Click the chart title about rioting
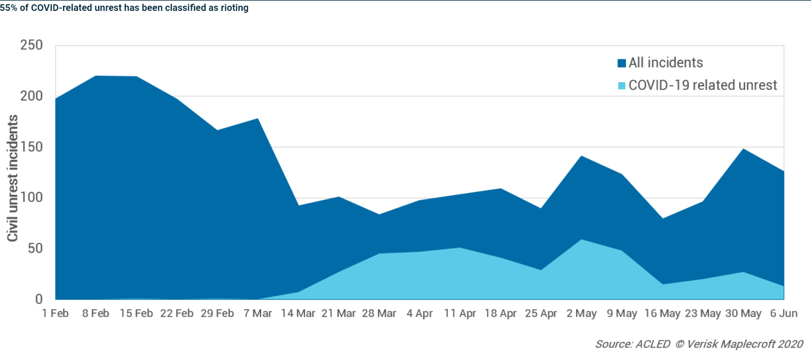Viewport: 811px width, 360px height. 124,8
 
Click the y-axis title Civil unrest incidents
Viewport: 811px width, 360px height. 13,178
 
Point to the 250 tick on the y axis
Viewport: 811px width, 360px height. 31,45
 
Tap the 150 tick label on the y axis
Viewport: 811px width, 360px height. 31,147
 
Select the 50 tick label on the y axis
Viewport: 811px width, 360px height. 35,248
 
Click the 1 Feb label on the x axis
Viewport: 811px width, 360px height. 55,314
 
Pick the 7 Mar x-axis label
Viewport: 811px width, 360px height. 258,314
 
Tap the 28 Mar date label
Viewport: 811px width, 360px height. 379,314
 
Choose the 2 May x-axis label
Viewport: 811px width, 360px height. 581,314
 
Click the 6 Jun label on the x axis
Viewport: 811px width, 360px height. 783,314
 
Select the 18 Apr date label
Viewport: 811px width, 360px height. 500,314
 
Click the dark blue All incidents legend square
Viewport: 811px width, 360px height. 622,63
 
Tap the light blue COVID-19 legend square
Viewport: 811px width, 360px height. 622,86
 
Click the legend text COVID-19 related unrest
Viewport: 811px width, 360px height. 702,85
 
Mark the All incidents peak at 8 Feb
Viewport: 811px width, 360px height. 96,76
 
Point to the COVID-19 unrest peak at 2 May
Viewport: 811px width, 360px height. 581,240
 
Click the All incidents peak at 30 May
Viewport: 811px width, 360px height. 743,149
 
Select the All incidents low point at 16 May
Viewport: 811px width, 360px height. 662,219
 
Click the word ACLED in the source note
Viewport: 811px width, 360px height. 653,344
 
